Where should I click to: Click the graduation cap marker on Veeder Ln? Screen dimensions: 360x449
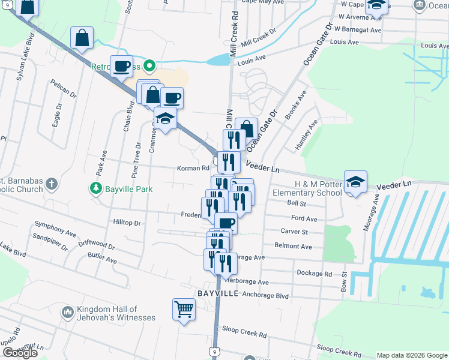point(355,184)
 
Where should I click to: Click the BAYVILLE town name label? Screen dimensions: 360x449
point(218,293)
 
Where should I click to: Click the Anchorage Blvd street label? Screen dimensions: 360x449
point(267,296)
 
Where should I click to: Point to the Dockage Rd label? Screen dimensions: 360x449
point(315,273)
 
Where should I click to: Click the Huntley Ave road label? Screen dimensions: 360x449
point(305,135)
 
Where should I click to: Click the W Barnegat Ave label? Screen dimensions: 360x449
point(358,29)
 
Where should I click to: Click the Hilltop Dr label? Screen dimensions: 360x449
point(126,222)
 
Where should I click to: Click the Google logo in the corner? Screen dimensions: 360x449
point(19,353)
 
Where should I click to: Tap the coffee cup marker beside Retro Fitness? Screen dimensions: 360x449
point(121,67)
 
